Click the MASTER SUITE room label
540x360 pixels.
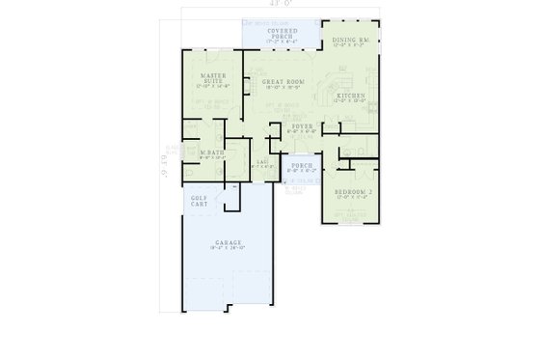(x=213, y=77)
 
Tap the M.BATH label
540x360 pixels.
(x=212, y=152)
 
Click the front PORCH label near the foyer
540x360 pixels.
(x=299, y=164)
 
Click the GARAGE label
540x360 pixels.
(x=228, y=242)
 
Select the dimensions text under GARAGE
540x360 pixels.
(x=228, y=249)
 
